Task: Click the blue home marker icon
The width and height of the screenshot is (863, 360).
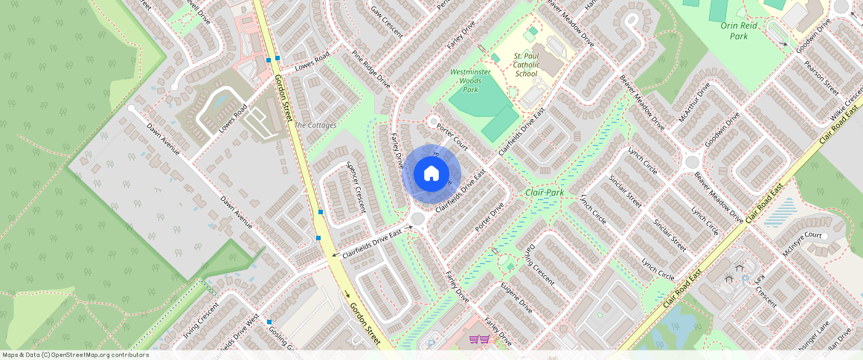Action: pyautogui.click(x=431, y=174)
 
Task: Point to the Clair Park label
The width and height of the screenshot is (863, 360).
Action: pyautogui.click(x=545, y=193)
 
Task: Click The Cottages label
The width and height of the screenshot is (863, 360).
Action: pyautogui.click(x=316, y=125)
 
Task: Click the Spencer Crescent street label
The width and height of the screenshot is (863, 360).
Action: pyautogui.click(x=358, y=187)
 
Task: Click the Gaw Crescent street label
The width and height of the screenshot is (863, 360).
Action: pyautogui.click(x=387, y=22)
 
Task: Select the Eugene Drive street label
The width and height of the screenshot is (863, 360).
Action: pyautogui.click(x=516, y=296)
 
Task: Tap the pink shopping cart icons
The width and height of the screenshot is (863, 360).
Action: pyautogui.click(x=479, y=340)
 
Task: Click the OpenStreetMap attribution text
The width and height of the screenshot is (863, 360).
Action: pyautogui.click(x=75, y=355)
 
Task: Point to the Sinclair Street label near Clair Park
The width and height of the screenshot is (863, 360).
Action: pyautogui.click(x=626, y=191)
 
